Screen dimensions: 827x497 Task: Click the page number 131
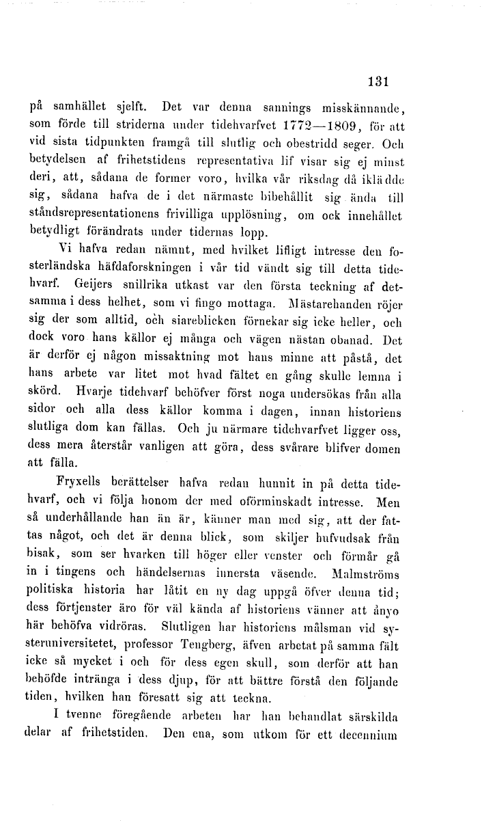[377, 81]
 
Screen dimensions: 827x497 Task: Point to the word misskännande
[358, 107]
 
